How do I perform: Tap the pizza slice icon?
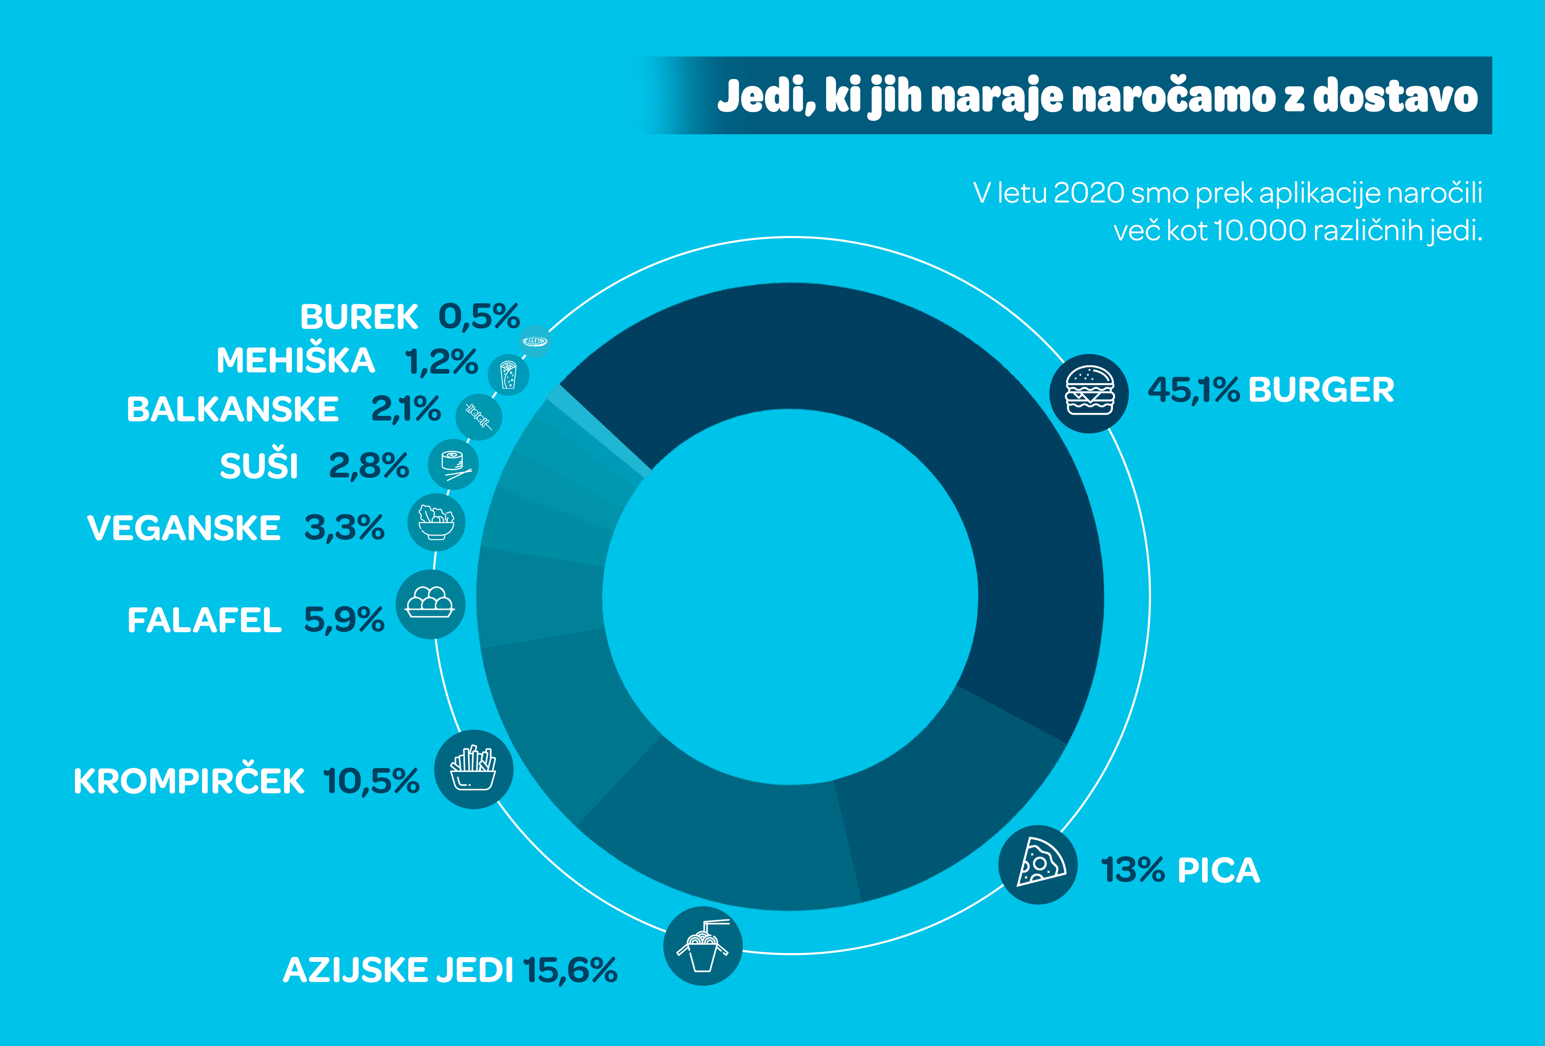pyautogui.click(x=1038, y=864)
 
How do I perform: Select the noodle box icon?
pyautogui.click(x=703, y=946)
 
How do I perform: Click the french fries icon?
pyautogui.click(x=473, y=769)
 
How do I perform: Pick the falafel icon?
pyautogui.click(x=430, y=604)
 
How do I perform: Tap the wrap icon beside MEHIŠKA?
pyautogui.click(x=509, y=375)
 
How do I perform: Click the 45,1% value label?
pyautogui.click(x=1193, y=390)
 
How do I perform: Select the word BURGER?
pyautogui.click(x=1321, y=390)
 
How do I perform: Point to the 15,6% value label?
pyautogui.click(x=570, y=970)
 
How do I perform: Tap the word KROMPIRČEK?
pyautogui.click(x=189, y=781)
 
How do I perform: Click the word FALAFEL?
pyautogui.click(x=204, y=620)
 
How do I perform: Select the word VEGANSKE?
pyautogui.click(x=184, y=528)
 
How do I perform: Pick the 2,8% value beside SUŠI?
pyautogui.click(x=369, y=466)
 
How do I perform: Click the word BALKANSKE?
pyautogui.click(x=233, y=409)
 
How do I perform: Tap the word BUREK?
pyautogui.click(x=359, y=317)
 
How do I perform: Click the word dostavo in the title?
pyautogui.click(x=1395, y=96)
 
